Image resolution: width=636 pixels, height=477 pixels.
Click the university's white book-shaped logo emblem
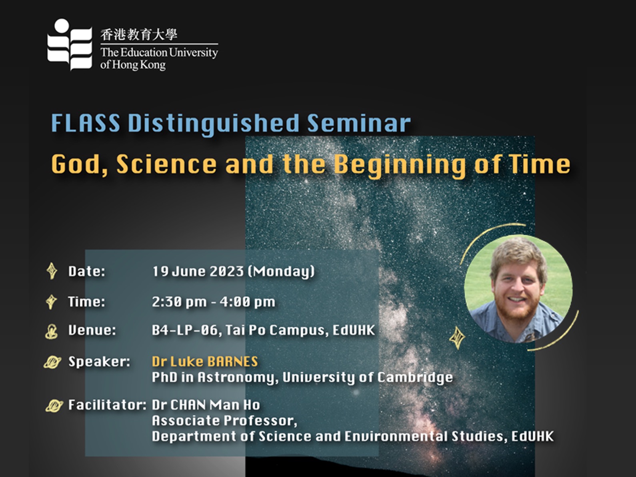click(x=70, y=45)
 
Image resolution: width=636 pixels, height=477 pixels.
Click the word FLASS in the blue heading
click(x=86, y=123)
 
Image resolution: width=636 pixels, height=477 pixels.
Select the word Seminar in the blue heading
click(x=359, y=123)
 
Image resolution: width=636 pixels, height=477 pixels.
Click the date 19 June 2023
click(x=198, y=271)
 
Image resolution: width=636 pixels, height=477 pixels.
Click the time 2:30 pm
click(x=179, y=302)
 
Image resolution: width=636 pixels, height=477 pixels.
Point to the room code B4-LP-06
click(x=184, y=330)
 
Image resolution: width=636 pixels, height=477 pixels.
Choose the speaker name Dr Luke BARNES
click(x=205, y=361)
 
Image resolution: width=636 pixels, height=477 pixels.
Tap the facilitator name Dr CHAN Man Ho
click(x=206, y=405)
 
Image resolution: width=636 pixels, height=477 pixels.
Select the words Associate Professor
click(x=224, y=421)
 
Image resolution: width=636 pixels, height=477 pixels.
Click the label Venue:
click(x=92, y=330)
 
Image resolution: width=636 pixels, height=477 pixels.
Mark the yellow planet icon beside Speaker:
click(x=52, y=362)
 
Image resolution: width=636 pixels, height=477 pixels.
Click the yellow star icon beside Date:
click(x=52, y=271)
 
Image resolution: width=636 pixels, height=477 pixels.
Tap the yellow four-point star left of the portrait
click(x=457, y=338)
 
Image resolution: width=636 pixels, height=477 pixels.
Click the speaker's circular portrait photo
click(x=518, y=289)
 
